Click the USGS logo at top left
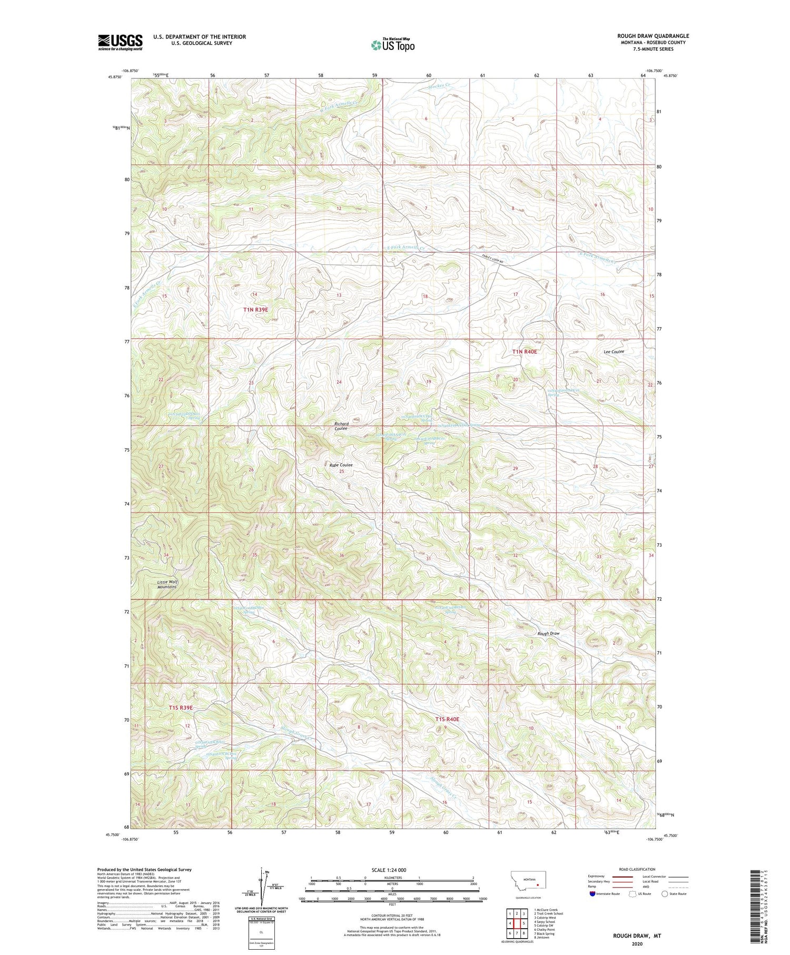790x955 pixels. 120,42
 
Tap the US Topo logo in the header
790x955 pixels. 392,45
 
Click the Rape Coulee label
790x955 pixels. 341,465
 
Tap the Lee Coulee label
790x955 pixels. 614,351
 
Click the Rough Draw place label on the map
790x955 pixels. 548,633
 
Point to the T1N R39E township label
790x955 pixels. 255,310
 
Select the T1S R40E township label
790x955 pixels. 447,719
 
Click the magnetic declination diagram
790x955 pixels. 259,890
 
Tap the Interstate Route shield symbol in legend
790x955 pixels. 593,894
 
